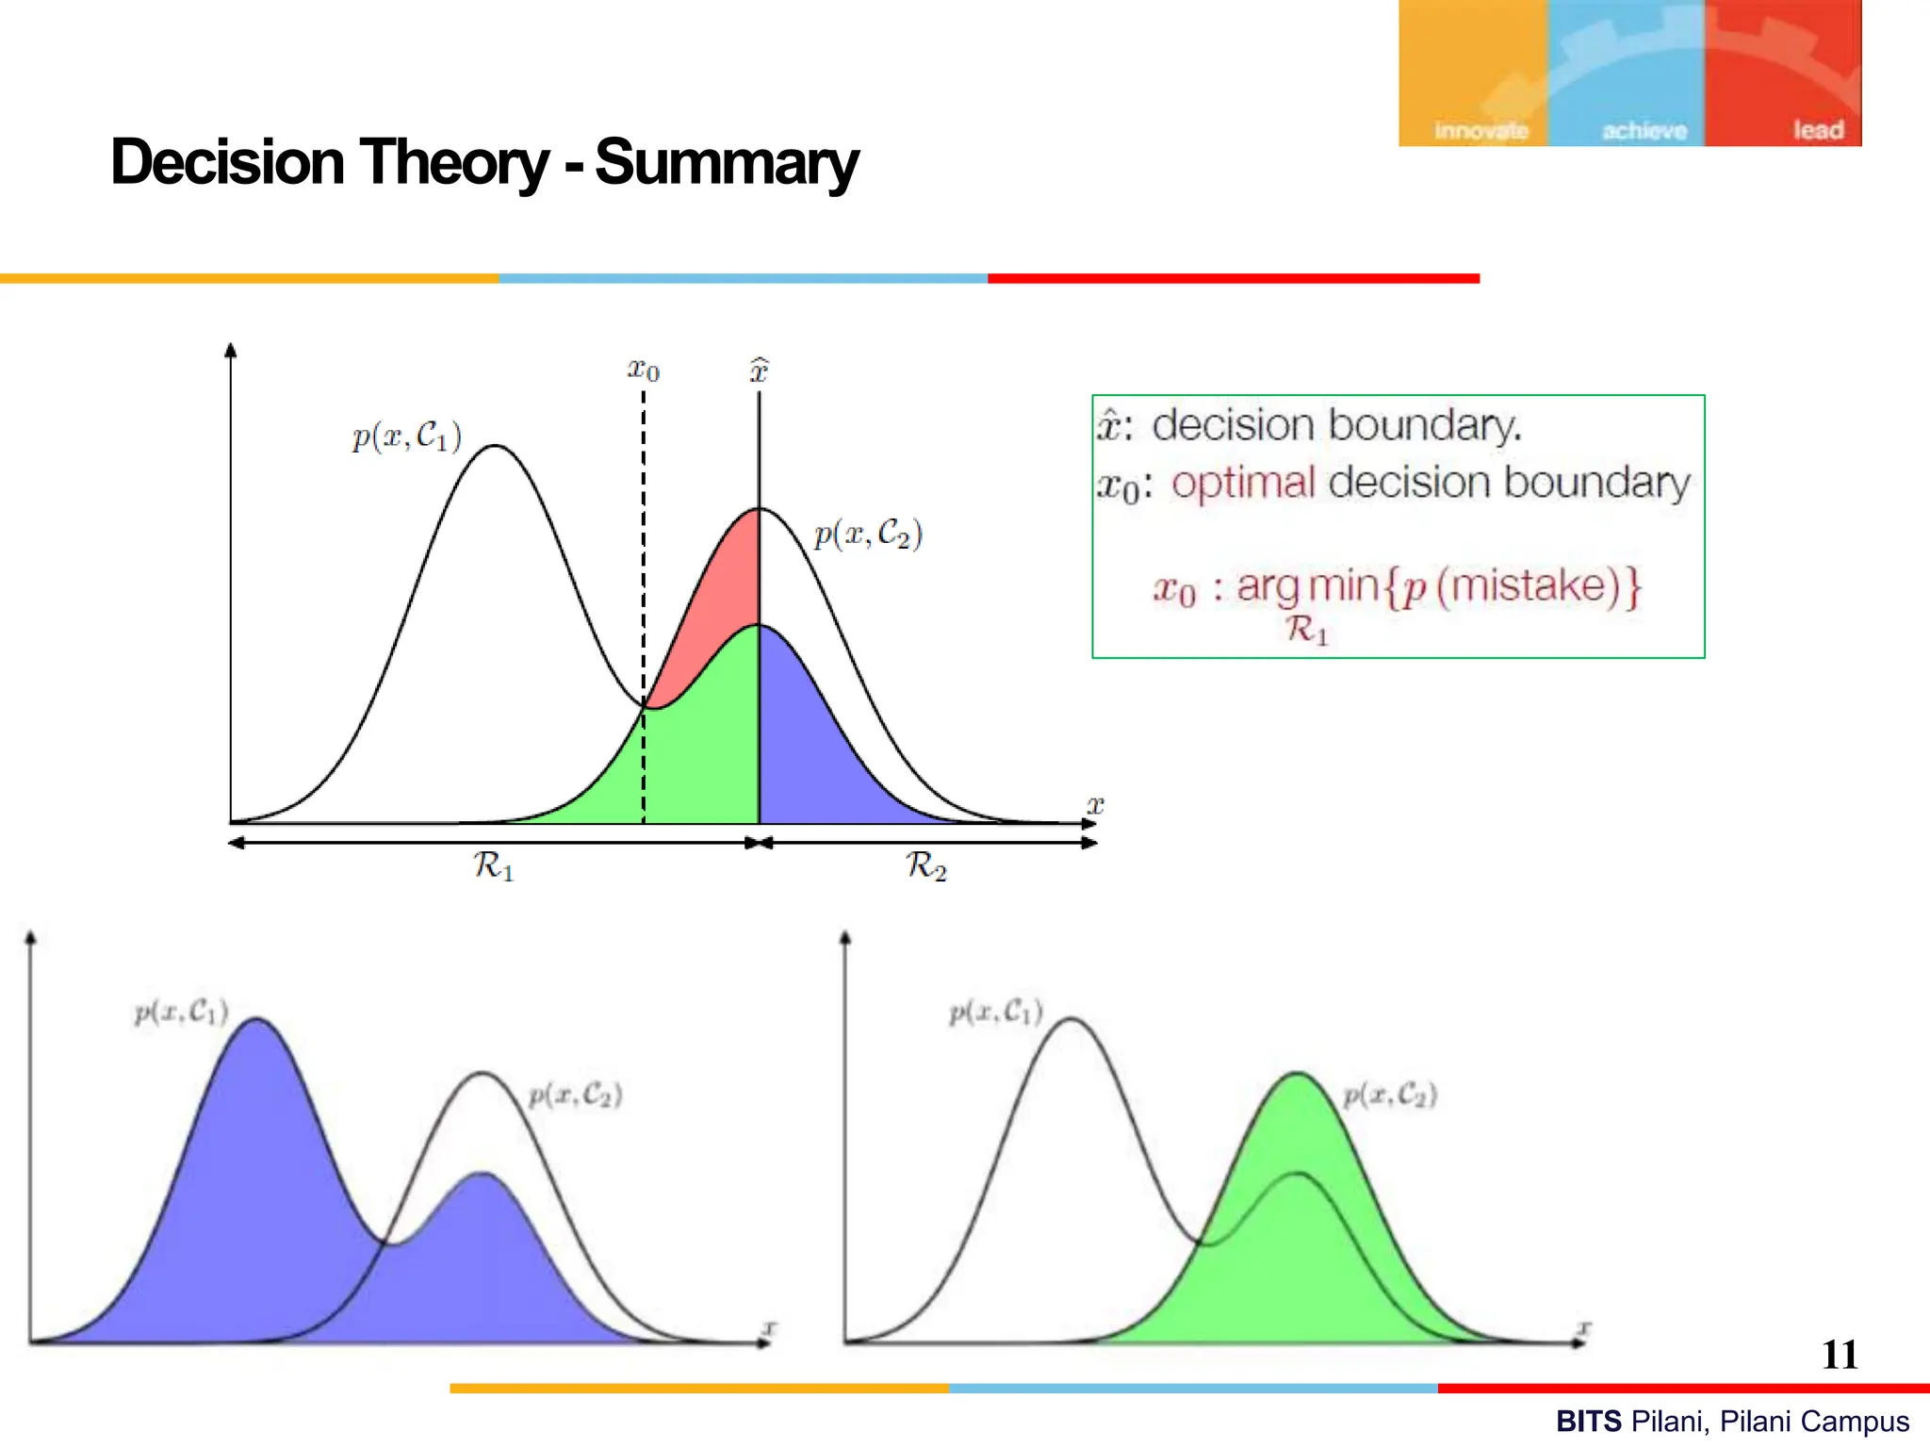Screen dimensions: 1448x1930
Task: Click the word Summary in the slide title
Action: [727, 163]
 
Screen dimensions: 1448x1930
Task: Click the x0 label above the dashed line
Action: [644, 369]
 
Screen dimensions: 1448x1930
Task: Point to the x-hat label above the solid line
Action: [759, 370]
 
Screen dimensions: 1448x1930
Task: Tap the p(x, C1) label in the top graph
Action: [407, 436]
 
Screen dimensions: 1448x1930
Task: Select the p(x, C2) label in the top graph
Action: [868, 534]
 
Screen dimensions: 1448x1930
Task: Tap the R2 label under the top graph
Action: [926, 864]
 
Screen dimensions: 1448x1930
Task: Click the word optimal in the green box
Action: [1243, 483]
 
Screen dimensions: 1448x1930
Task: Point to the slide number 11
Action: [1840, 1355]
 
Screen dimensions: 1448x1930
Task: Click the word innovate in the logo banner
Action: [1480, 131]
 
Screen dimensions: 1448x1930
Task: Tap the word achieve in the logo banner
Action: [1644, 131]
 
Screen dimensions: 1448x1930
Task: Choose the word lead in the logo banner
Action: [1818, 130]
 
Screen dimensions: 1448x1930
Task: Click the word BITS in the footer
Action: [1589, 1421]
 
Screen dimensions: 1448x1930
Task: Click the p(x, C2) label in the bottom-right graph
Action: [1390, 1094]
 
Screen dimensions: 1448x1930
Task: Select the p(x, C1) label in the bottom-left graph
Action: [181, 1012]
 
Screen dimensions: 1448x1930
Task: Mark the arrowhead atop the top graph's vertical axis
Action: [231, 350]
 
